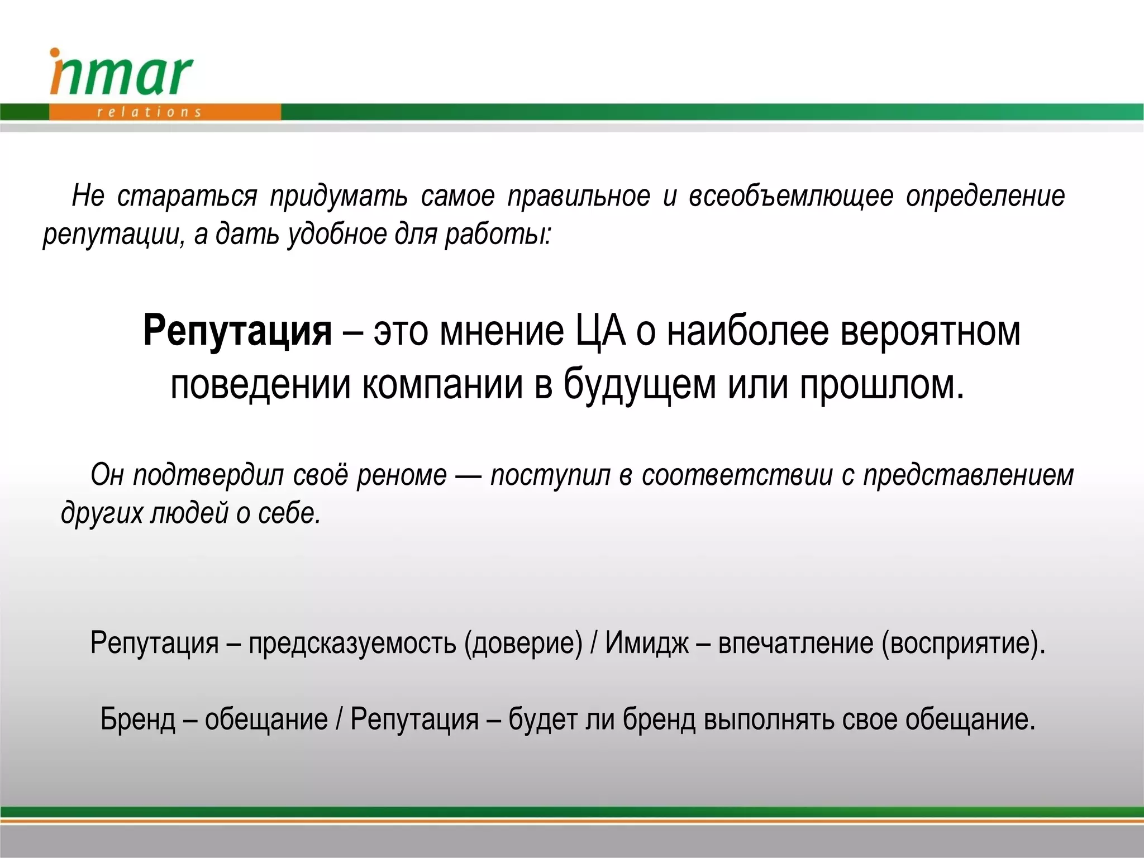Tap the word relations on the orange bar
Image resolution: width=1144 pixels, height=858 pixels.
tap(149, 112)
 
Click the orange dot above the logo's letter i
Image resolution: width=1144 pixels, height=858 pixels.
tap(55, 53)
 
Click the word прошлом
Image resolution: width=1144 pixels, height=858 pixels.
tap(881, 385)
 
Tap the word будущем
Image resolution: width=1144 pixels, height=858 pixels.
tap(639, 385)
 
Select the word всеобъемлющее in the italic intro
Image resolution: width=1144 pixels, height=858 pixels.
tap(790, 196)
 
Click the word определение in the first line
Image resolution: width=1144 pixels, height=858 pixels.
tap(985, 196)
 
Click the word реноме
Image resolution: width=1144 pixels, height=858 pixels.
tap(402, 475)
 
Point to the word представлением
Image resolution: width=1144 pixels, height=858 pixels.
tap(969, 475)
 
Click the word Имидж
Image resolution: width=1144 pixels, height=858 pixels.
tap(647, 642)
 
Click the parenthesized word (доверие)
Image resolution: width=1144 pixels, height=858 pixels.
tap(523, 642)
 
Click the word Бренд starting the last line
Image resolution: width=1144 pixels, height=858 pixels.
tap(138, 719)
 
